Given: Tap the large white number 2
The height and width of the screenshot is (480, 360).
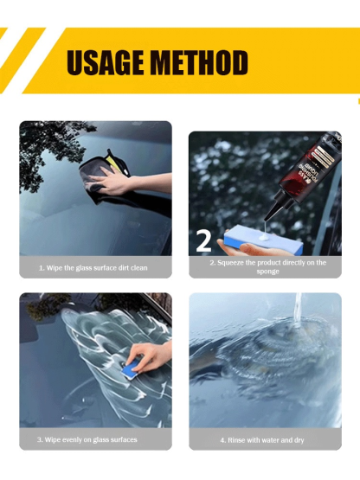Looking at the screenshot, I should (x=205, y=241).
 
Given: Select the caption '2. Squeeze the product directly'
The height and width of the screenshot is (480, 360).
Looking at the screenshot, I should (x=267, y=263).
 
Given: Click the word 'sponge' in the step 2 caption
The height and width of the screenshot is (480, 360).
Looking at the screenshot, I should (x=267, y=272).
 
